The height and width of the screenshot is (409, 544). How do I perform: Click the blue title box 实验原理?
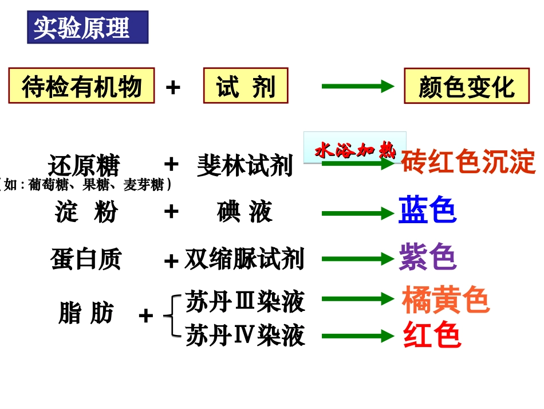coord(88,28)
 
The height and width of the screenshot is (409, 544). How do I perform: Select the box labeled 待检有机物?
coord(81,87)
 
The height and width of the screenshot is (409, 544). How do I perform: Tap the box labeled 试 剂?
coord(246,87)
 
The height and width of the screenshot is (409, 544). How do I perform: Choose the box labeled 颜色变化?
coord(467,87)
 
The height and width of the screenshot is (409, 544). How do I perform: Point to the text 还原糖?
coord(84,166)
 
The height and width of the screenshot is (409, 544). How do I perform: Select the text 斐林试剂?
coord(245,166)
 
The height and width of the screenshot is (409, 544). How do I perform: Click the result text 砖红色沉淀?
coord(468,162)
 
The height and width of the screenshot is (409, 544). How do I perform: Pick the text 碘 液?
coord(245,212)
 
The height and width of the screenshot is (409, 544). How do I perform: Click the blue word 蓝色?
coord(427,210)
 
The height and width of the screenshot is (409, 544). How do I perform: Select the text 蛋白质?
coord(86,259)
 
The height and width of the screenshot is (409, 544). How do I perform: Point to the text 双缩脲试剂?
coord(244,259)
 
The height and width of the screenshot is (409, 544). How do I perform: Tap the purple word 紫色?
coord(427,257)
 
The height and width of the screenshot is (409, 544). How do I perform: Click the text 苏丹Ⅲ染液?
coord(245,302)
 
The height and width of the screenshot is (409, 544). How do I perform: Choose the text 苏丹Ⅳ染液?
coord(245,336)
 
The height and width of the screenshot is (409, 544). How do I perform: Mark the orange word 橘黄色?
coord(446,299)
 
